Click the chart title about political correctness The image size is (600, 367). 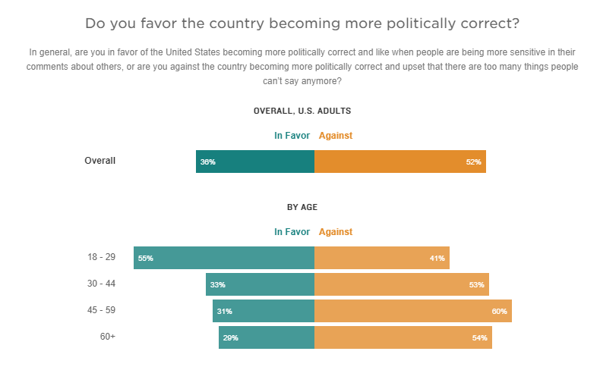click(x=302, y=24)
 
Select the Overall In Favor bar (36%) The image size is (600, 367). click(x=255, y=162)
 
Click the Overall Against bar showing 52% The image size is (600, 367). click(x=399, y=162)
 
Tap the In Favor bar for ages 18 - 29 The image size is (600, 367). click(x=224, y=258)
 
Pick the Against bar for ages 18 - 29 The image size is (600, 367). click(x=381, y=258)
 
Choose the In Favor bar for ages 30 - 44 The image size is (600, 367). click(x=260, y=284)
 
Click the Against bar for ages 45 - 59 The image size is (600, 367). click(x=412, y=311)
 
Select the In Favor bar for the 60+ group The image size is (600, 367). click(x=267, y=337)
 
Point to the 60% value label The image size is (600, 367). click(x=499, y=312)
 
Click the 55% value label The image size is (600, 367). click(x=145, y=259)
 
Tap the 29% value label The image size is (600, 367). click(x=230, y=338)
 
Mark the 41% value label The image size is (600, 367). click(x=437, y=259)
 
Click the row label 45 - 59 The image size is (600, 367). click(x=101, y=310)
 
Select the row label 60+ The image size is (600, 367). click(x=107, y=337)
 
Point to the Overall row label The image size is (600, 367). click(x=99, y=161)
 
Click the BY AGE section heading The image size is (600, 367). click(x=302, y=207)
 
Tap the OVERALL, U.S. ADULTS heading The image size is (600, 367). click(x=302, y=111)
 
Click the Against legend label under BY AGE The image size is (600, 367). click(x=336, y=232)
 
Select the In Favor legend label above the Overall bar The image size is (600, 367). click(x=292, y=136)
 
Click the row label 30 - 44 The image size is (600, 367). click(x=101, y=284)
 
